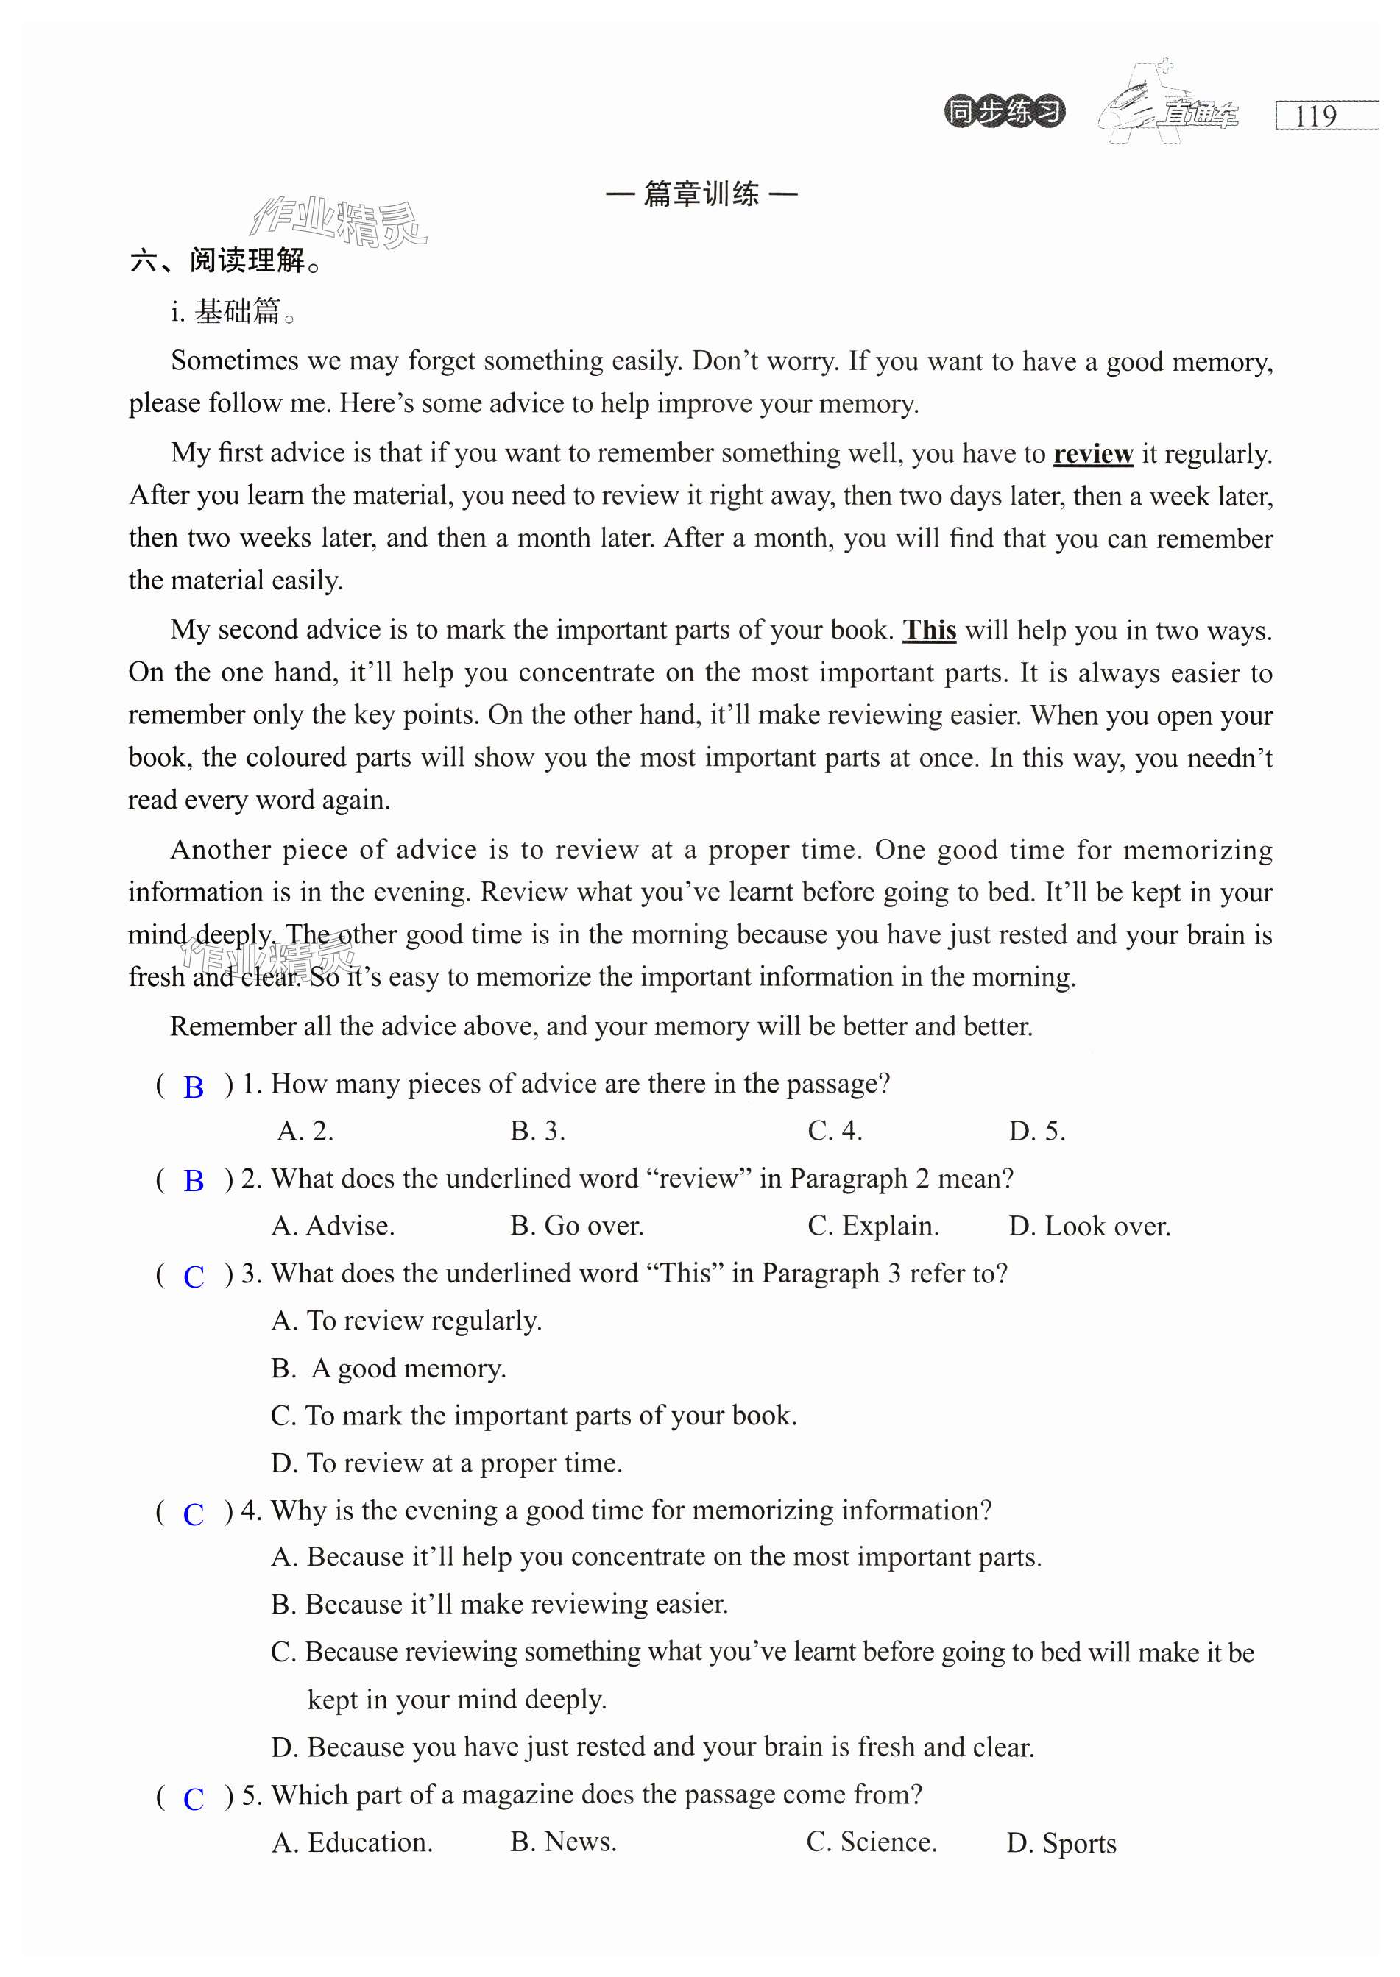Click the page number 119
pos(1315,116)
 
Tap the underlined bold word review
pos(1092,453)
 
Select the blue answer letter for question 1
pos(194,1087)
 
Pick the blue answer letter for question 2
pos(194,1181)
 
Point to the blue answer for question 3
pos(194,1277)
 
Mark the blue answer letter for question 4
pos(194,1513)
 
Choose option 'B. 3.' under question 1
pos(537,1131)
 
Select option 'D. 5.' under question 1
pos(1036,1131)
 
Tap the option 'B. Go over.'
pos(577,1226)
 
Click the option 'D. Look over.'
pos(1089,1226)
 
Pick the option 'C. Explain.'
pos(872,1226)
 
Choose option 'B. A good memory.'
pos(388,1369)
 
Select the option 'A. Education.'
pos(352,1842)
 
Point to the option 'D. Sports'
pos(1061,1842)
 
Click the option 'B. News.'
pos(563,1842)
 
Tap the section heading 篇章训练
pos(701,194)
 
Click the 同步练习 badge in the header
pos(1004,112)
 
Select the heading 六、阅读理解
pos(226,260)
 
